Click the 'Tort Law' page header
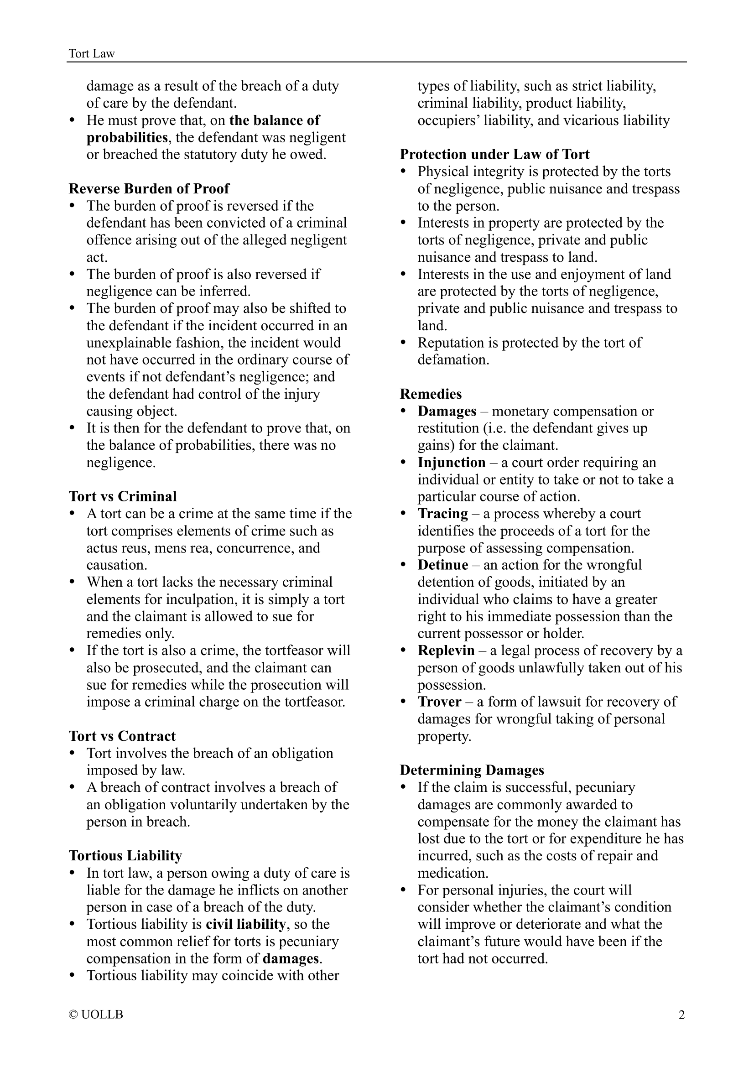pyautogui.click(x=92, y=54)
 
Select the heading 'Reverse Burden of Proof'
pyautogui.click(x=149, y=189)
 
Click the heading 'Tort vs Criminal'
pyautogui.click(x=123, y=496)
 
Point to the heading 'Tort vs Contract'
pyautogui.click(x=122, y=736)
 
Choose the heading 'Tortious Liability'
pyautogui.click(x=125, y=855)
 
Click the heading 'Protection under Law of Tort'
pyautogui.click(x=494, y=154)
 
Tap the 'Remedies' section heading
pyautogui.click(x=431, y=394)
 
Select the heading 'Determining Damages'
pyautogui.click(x=472, y=770)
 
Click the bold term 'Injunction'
pyautogui.click(x=451, y=463)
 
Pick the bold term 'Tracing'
pyautogui.click(x=443, y=514)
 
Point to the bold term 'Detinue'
pyautogui.click(x=443, y=565)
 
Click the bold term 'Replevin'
pyautogui.click(x=446, y=651)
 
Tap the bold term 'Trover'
pyautogui.click(x=439, y=702)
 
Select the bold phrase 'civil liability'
pyautogui.click(x=245, y=924)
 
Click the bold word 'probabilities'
pyautogui.click(x=127, y=138)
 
